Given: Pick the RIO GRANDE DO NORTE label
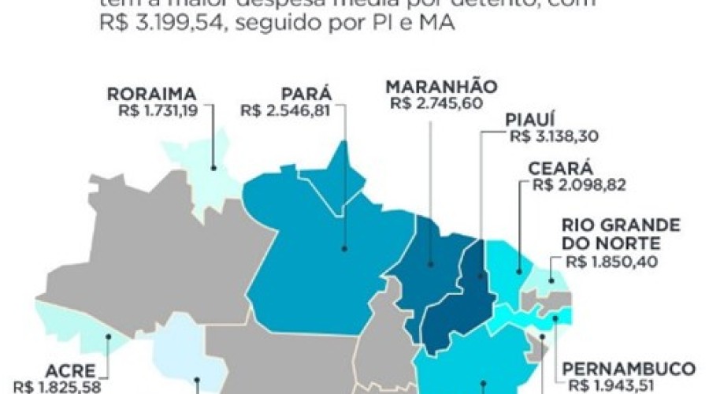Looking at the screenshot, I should coord(611,234).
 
